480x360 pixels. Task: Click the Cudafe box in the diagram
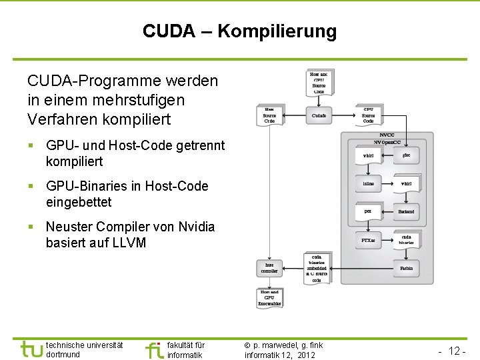point(319,115)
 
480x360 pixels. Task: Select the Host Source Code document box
point(269,115)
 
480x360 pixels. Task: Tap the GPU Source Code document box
point(368,115)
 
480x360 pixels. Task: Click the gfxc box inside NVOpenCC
point(406,155)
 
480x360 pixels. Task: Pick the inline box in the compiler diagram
point(368,183)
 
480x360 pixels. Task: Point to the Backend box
point(406,211)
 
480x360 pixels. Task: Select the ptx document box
point(367,211)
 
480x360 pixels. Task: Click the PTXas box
point(368,240)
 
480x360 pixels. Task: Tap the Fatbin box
point(406,268)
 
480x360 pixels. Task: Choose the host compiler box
point(269,268)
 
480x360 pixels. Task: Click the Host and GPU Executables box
point(269,297)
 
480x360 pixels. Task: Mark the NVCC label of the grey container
point(387,135)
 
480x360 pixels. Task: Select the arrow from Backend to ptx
point(387,211)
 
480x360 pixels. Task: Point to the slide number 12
point(456,350)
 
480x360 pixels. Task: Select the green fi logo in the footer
point(154,349)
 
